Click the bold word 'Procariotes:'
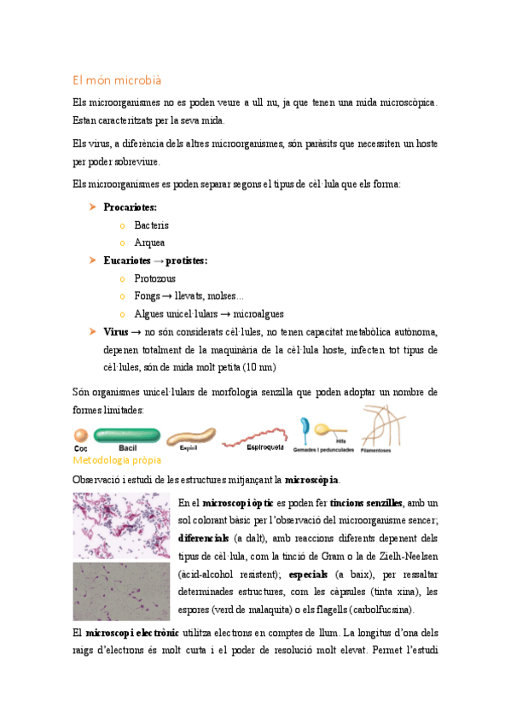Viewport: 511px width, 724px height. point(130,207)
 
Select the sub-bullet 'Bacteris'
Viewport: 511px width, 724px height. point(151,225)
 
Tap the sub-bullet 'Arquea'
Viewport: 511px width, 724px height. point(149,242)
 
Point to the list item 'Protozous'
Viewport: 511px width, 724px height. point(155,278)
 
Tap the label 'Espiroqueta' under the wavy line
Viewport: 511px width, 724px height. point(264,447)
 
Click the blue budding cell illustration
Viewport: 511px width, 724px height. point(305,427)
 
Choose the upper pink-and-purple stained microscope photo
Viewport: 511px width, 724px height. point(121,525)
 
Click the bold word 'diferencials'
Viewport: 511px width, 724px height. point(203,539)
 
